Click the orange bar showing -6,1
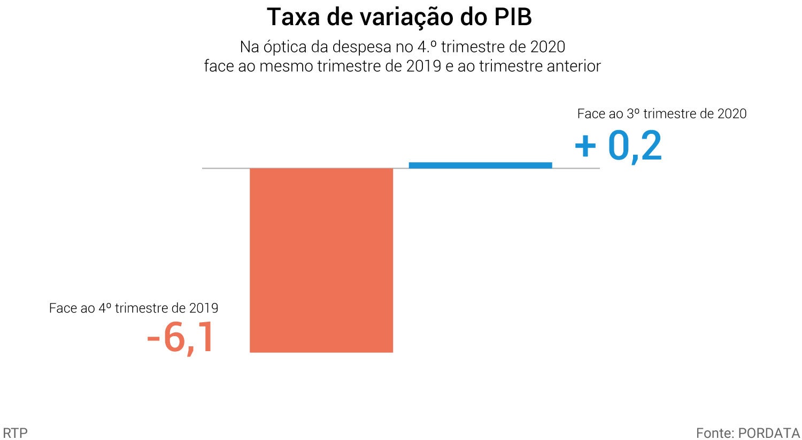[321, 260]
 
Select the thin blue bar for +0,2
[480, 165]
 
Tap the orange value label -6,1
[181, 338]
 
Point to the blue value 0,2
[635, 146]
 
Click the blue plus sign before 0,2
[585, 146]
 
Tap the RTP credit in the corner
[15, 433]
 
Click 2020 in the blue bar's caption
[731, 113]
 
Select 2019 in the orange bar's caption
[203, 308]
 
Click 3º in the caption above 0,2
[633, 113]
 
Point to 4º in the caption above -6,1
[105, 308]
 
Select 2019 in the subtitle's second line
[423, 66]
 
